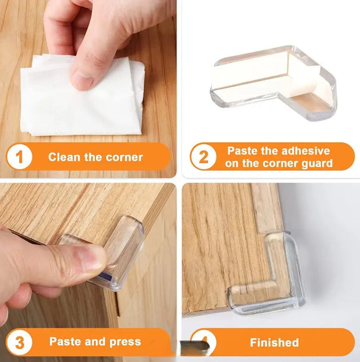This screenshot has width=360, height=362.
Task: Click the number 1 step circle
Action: (x=20, y=157)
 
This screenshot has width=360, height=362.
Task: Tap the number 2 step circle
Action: (x=204, y=157)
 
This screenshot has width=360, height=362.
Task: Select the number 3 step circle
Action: (x=20, y=342)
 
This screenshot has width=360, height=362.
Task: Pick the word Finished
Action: (x=274, y=342)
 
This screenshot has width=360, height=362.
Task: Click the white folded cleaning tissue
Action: (x=82, y=95)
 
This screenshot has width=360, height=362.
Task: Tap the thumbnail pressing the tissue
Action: (x=83, y=80)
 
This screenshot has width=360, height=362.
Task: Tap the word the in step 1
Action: (x=93, y=157)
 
